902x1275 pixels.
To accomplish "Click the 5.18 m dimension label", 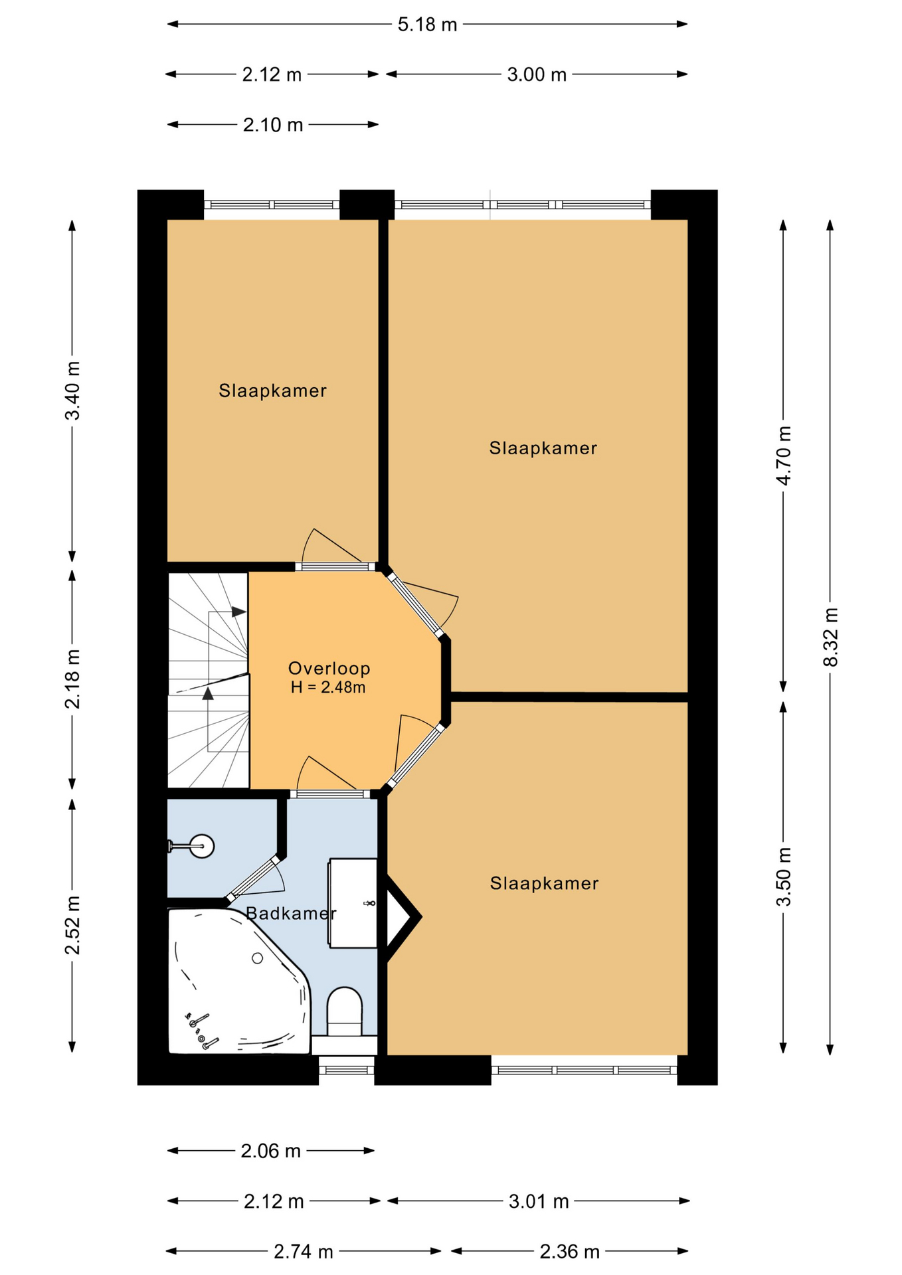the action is tap(427, 25).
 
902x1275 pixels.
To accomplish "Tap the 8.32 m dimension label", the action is tap(830, 637).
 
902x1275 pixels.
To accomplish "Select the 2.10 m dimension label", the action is tap(273, 125).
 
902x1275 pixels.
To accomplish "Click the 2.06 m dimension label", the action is tap(271, 1151).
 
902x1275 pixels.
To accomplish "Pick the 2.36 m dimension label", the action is tap(570, 1252).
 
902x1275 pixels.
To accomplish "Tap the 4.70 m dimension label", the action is tap(784, 456).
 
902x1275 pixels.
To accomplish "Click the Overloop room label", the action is tap(329, 668).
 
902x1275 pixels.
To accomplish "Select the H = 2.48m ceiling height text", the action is tap(328, 687).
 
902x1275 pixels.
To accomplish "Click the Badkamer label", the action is tap(291, 914).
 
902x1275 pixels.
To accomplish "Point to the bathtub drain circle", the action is tap(258, 958).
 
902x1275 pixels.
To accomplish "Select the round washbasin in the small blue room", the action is tap(201, 846).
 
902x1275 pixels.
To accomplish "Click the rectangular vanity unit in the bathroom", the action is tap(353, 903).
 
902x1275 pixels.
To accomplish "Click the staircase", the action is tap(209, 681).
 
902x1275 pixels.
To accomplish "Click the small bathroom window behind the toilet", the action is tap(347, 1070).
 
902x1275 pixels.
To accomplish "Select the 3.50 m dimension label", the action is tap(784, 877).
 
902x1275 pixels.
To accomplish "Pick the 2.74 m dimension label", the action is tap(304, 1252).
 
